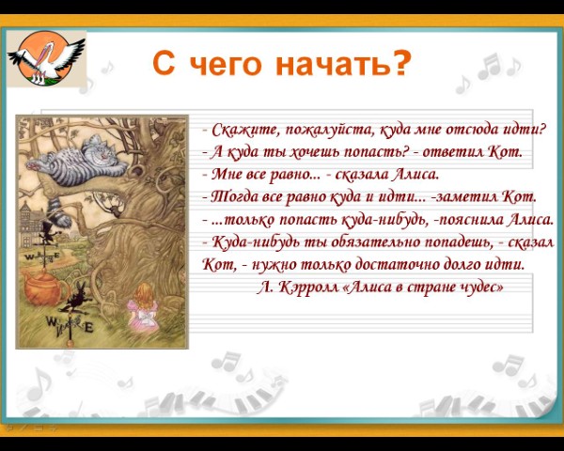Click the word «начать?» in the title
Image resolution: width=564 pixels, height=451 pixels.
coord(343,63)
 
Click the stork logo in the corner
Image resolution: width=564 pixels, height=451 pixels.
coord(46,58)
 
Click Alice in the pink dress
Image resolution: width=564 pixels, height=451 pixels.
coord(143,307)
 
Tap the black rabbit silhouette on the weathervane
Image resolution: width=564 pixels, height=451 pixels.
coord(75,298)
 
